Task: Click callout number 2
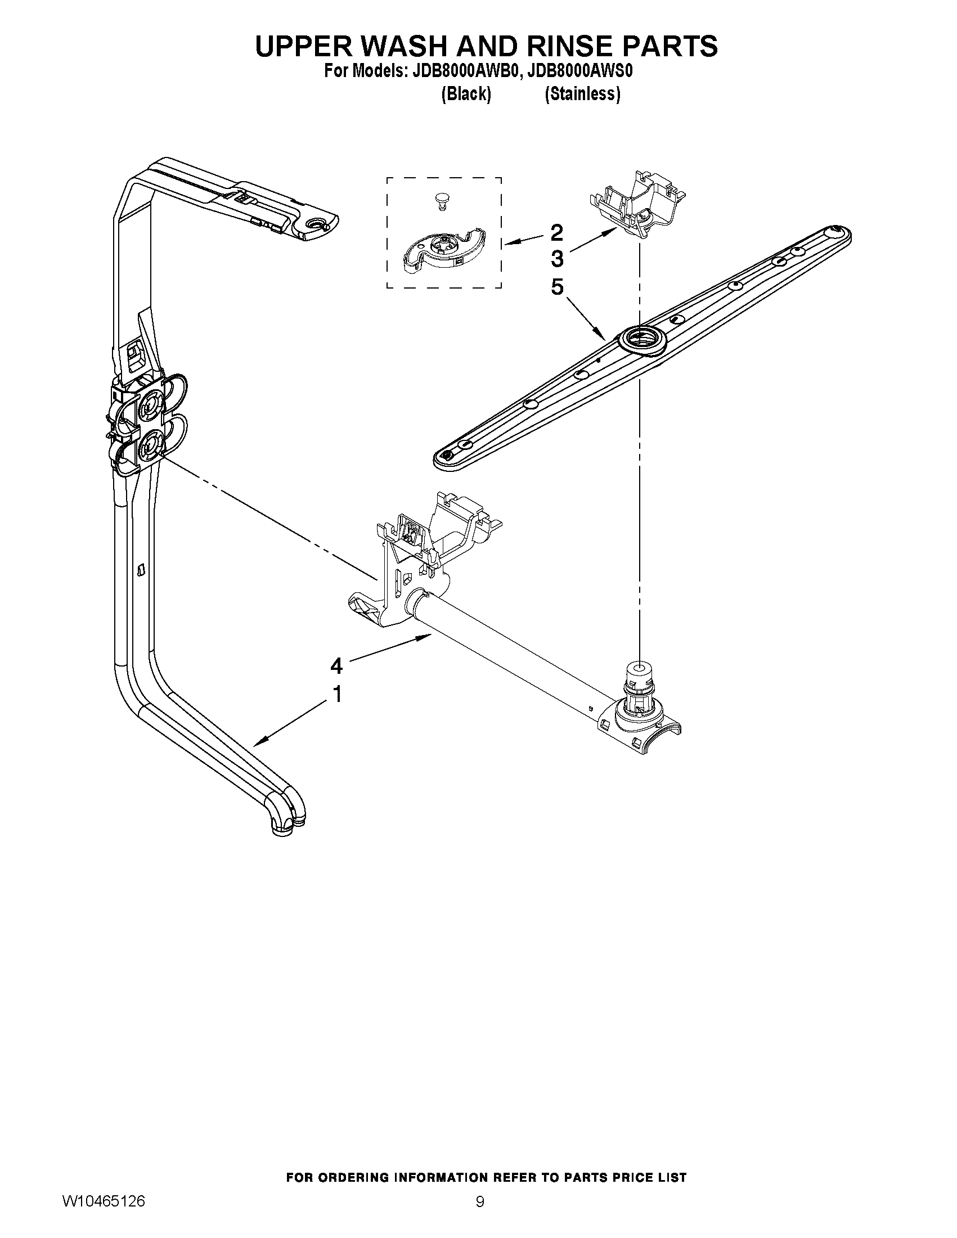tap(557, 232)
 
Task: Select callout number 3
tap(557, 259)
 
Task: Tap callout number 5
tap(557, 287)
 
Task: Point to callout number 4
tap(336, 665)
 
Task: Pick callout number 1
tap(336, 694)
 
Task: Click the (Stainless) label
tap(582, 94)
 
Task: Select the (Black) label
tap(466, 94)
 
